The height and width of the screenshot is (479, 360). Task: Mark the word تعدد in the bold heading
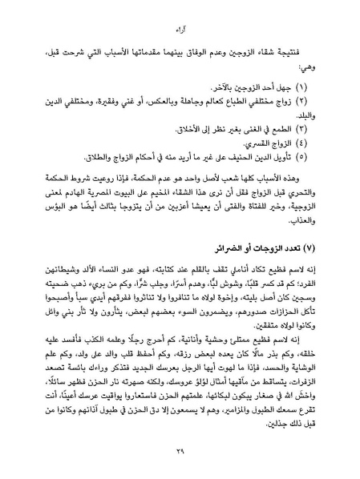(287, 239)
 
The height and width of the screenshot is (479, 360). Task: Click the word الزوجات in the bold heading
(261, 239)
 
